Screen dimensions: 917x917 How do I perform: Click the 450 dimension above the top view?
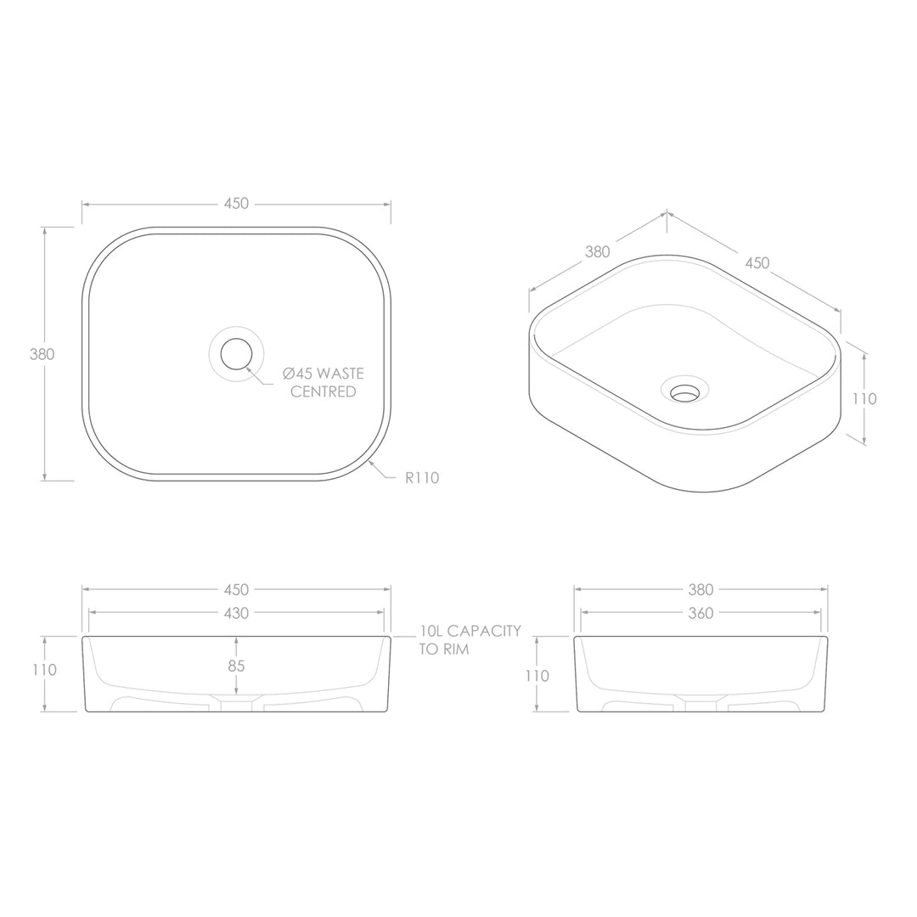point(236,204)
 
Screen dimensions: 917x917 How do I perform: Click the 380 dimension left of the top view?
point(42,354)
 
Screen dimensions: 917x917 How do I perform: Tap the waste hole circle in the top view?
point(236,352)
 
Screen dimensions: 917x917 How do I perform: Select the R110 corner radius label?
point(422,478)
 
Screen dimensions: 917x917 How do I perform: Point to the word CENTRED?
point(323,391)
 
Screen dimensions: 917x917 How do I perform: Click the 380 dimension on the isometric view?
point(597,251)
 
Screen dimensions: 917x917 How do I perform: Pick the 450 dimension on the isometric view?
point(757,262)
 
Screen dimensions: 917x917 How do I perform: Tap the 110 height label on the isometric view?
point(864,398)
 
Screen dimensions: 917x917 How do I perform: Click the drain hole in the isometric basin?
point(684,392)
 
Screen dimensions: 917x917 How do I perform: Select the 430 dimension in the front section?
point(236,613)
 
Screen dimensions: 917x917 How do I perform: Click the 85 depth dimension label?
point(236,667)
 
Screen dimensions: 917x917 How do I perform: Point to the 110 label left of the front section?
point(44,670)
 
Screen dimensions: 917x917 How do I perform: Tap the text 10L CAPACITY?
point(470,632)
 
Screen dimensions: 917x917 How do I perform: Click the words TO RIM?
point(444,650)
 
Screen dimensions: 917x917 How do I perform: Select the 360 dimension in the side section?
point(700,613)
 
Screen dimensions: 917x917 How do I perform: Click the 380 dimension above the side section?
point(700,590)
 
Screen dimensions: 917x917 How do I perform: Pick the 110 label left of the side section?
point(537,676)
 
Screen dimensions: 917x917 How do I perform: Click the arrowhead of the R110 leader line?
point(371,464)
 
